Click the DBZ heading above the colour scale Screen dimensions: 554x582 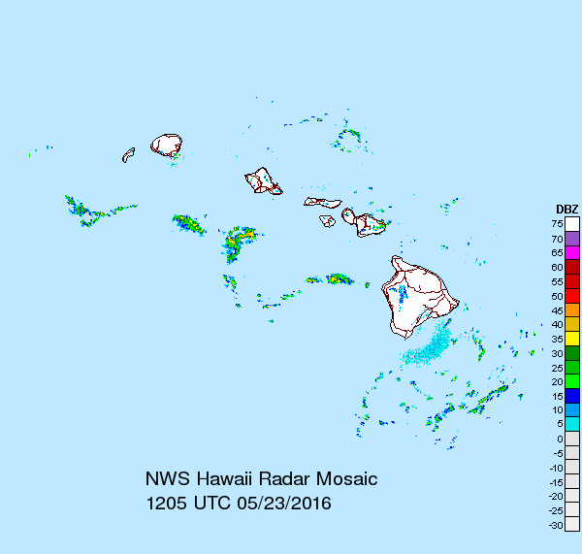click(566, 210)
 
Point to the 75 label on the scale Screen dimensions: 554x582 click(558, 224)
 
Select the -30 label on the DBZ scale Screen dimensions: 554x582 click(556, 525)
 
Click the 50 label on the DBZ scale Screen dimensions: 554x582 click(558, 296)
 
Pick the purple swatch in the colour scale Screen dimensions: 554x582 click(572, 238)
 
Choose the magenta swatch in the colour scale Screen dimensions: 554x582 click(572, 252)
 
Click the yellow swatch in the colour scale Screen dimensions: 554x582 click(572, 338)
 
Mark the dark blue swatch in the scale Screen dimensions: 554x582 click(572, 395)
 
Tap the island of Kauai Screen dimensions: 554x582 click(167, 146)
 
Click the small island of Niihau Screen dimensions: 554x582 click(128, 154)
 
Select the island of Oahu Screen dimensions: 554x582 click(260, 179)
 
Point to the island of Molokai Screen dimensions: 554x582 click(322, 202)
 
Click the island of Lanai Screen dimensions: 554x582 click(328, 220)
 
